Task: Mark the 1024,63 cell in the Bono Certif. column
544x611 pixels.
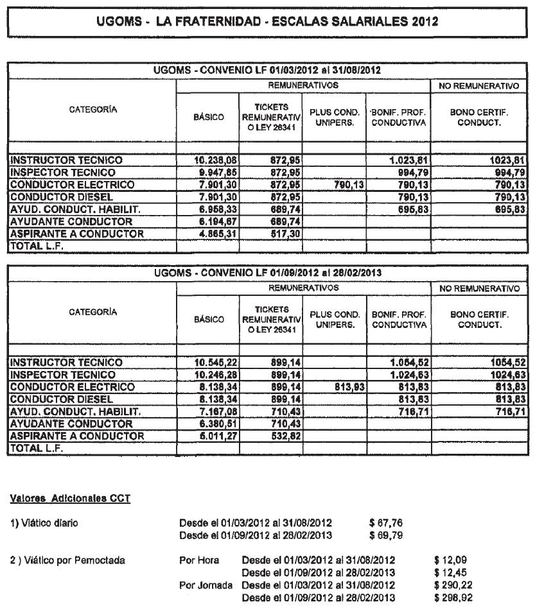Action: coord(507,375)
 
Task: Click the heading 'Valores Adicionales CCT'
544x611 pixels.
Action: coord(71,499)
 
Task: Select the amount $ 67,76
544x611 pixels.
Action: coord(386,522)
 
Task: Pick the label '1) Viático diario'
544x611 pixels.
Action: coord(44,522)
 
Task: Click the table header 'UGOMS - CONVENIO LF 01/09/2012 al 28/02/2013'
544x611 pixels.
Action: coord(268,272)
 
